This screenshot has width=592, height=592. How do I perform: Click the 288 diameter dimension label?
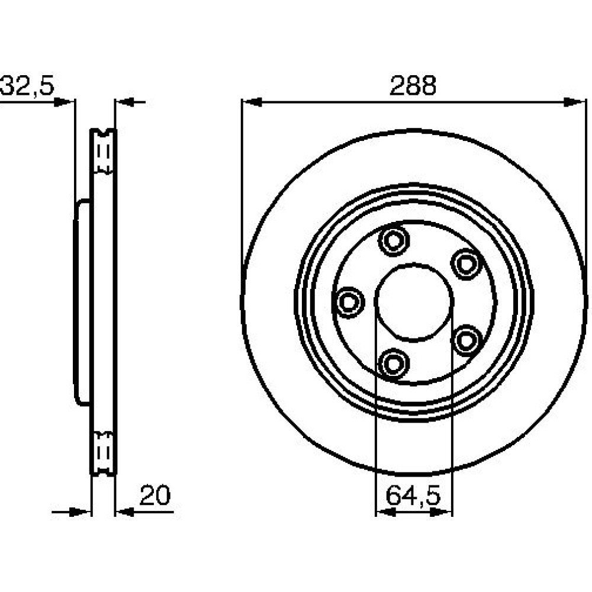413,85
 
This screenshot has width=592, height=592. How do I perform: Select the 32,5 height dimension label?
27,85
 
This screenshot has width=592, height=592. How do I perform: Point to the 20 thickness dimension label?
155,495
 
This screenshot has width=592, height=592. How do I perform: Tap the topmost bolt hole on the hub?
394,240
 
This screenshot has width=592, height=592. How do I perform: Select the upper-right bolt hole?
466,263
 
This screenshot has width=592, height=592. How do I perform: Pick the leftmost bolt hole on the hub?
348,302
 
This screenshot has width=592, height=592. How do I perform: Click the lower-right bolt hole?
466,340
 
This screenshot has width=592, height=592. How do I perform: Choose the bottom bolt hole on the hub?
394,363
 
